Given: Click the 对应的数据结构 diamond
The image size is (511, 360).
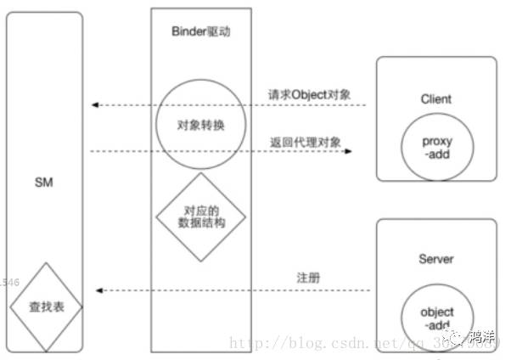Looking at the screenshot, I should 201,217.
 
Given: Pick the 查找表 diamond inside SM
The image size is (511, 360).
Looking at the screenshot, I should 45,305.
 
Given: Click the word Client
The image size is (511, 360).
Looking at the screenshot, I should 435,98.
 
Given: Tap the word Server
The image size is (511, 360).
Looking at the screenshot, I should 435,258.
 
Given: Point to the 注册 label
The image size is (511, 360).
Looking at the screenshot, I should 307,278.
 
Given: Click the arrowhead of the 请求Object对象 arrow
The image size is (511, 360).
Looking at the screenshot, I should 96,105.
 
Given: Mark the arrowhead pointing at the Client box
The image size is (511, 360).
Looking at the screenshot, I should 347,152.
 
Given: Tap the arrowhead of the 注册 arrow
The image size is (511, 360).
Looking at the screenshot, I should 99,290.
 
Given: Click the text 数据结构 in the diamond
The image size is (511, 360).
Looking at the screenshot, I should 201,224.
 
